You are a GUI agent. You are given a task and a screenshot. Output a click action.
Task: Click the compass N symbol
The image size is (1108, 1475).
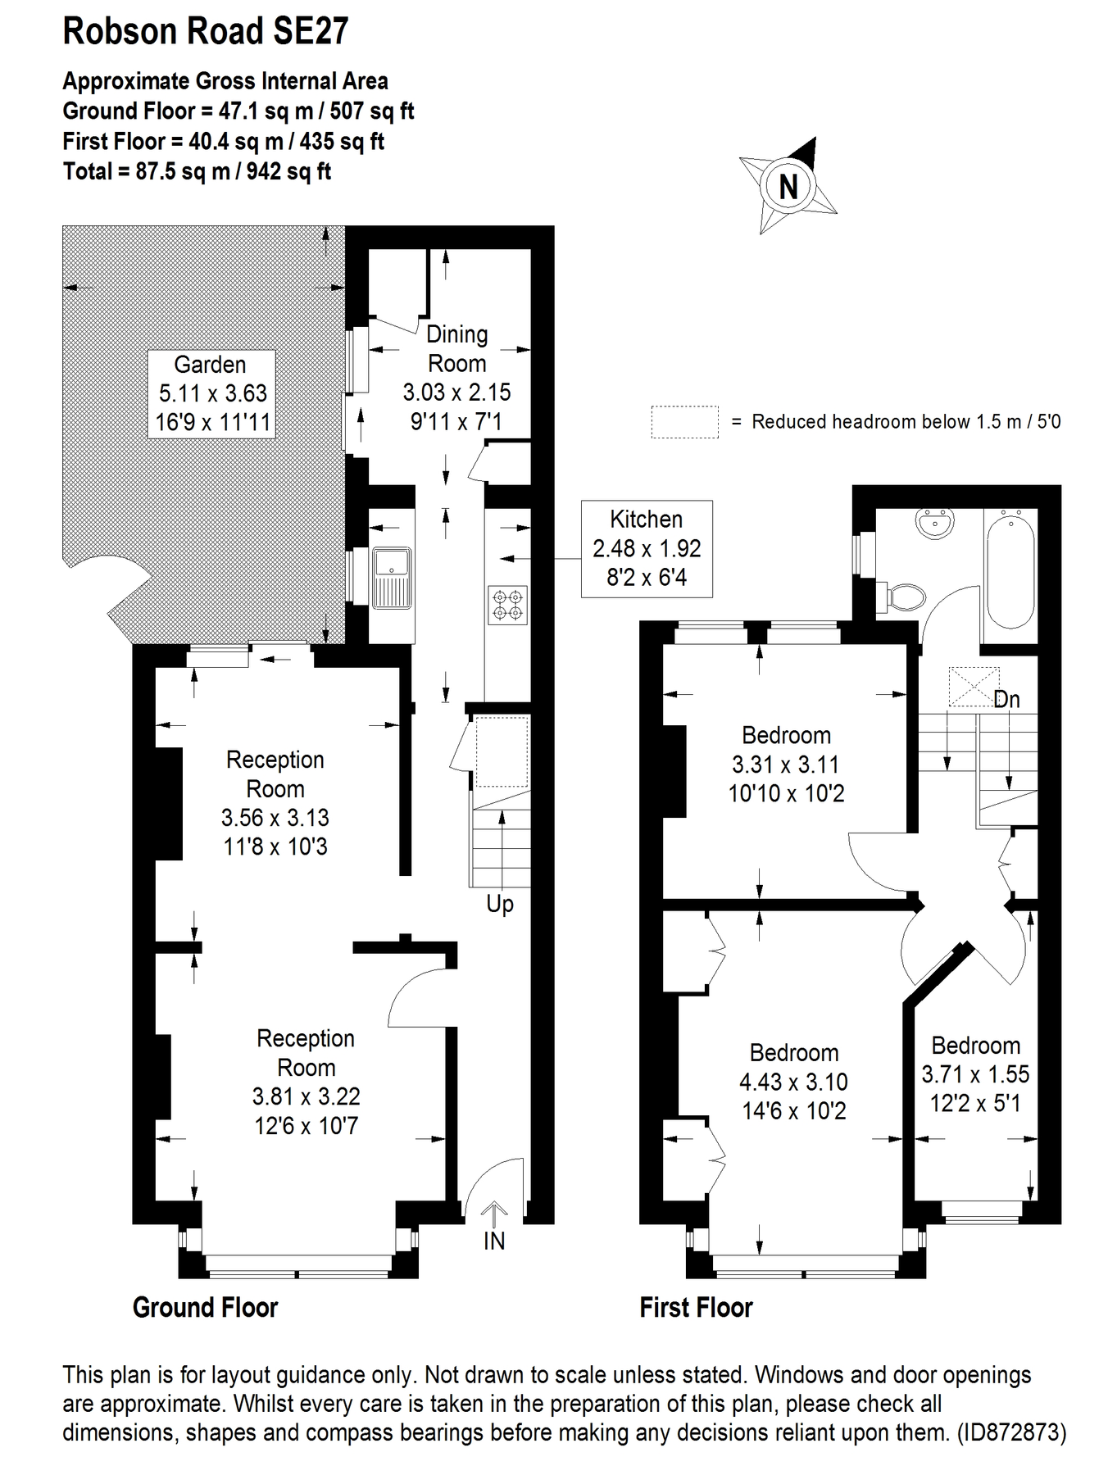point(788,186)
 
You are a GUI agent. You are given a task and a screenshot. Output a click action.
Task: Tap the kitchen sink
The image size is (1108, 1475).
point(392,578)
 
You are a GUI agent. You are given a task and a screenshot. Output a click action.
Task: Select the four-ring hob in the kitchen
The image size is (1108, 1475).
point(507,605)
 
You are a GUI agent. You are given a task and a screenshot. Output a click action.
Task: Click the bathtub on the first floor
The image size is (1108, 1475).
point(1010,570)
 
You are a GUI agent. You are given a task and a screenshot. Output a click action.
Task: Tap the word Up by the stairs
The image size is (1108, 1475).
point(500,904)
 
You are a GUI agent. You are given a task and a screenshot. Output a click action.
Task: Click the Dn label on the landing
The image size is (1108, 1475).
point(1006,700)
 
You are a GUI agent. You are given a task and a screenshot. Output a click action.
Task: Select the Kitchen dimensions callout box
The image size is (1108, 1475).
point(647,548)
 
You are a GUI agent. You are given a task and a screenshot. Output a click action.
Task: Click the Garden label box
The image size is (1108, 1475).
point(211,393)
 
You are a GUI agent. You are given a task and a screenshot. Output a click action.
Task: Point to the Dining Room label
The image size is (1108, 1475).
point(456,348)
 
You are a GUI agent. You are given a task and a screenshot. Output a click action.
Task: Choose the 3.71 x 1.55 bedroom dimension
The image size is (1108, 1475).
point(975,1074)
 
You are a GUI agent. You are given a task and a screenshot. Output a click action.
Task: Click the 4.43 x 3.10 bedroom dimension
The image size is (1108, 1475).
point(793,1082)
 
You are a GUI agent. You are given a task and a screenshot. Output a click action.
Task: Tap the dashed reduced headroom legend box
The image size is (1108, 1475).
point(684,422)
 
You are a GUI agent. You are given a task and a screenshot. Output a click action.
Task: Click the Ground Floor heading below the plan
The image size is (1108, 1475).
point(205,1307)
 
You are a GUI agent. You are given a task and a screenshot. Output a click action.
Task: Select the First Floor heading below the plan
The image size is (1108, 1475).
point(696,1307)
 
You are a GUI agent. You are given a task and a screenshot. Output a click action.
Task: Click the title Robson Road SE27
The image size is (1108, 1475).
point(206,31)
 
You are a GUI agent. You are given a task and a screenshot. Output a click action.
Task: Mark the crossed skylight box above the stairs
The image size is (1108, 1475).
point(974,687)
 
